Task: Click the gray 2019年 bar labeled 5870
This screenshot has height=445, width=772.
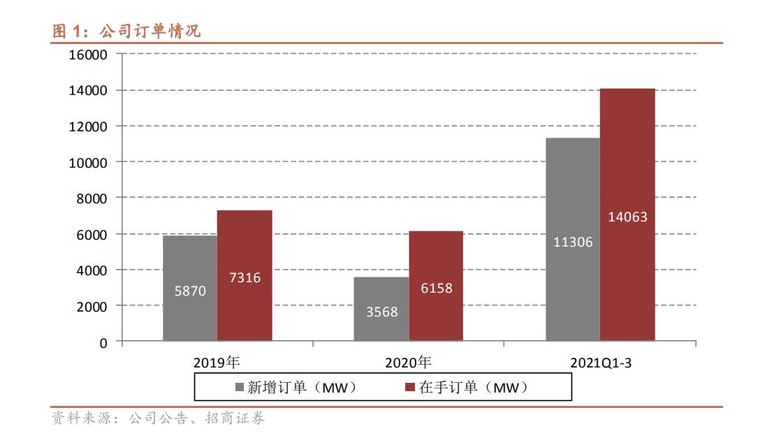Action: pos(190,288)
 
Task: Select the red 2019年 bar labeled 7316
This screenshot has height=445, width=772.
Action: pos(245,275)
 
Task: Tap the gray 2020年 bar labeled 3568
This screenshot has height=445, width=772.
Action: pos(381,309)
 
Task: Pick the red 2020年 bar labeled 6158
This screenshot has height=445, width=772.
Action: pos(436,286)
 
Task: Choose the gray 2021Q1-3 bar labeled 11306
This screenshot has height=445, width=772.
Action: pos(573,239)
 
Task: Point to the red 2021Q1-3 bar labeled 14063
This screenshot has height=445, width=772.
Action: pos(627,214)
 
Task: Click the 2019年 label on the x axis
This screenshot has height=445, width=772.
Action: pos(217,363)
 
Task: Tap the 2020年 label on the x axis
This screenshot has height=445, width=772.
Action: pos(408,363)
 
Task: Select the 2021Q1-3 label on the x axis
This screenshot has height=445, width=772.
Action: pos(600,363)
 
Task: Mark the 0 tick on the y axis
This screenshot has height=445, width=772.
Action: pos(103,343)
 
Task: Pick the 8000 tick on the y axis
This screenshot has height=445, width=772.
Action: pos(92,198)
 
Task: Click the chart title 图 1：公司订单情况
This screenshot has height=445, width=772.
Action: pos(126,31)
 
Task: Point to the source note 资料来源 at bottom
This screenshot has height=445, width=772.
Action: pos(158,419)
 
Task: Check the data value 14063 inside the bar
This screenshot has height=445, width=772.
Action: pos(627,217)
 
